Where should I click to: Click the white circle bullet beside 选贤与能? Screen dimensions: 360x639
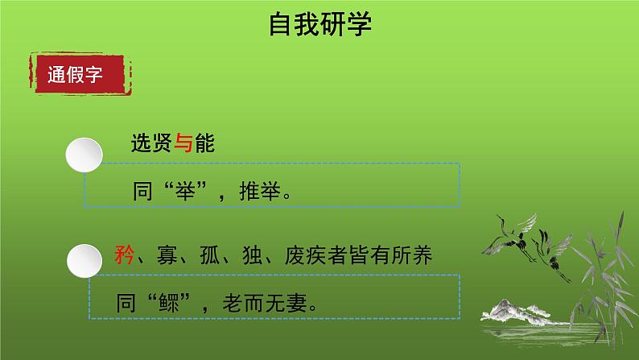click(85, 153)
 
